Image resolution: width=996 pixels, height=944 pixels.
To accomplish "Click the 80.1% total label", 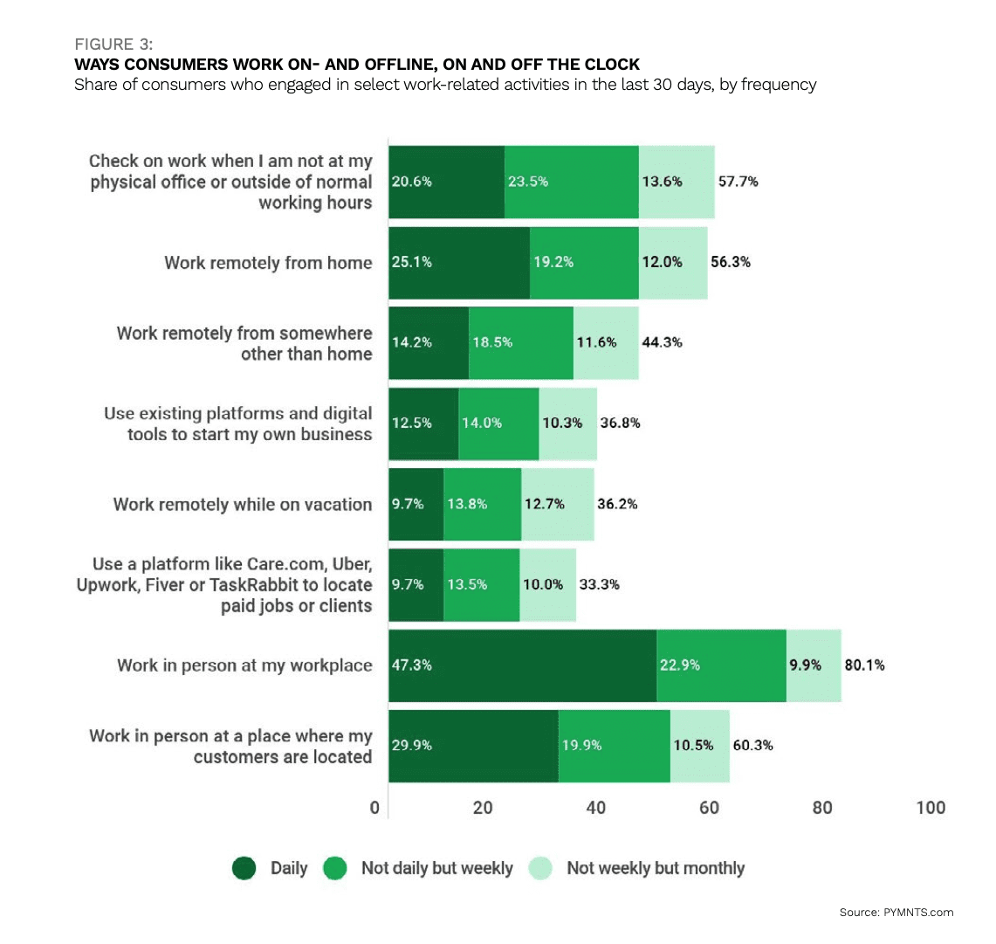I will click(863, 665).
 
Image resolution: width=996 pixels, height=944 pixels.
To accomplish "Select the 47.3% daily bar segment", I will click(522, 665).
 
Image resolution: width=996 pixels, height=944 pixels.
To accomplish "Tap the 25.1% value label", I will click(411, 262).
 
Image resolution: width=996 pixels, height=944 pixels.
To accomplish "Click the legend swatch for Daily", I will click(244, 868).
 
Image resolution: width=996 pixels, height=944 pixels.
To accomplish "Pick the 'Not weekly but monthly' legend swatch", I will click(541, 868).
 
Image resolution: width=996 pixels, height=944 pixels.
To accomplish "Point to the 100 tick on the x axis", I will click(931, 808).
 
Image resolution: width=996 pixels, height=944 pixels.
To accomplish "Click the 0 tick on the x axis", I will click(375, 808).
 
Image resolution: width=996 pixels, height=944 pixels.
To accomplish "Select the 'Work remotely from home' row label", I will click(268, 263).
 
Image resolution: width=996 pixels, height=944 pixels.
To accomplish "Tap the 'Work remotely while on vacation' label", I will click(243, 504).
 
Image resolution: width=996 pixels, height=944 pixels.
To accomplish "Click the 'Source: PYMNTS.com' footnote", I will click(896, 912).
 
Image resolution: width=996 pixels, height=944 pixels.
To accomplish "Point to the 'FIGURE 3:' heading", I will click(113, 45).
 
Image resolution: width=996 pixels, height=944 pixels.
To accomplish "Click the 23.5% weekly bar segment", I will click(571, 182).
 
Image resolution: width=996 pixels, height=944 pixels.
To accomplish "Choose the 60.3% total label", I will click(752, 745).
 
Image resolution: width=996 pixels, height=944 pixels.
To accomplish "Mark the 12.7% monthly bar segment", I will click(557, 504).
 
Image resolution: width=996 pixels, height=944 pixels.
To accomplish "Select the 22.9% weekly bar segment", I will click(721, 665).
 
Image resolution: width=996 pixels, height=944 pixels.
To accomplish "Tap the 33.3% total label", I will click(599, 584).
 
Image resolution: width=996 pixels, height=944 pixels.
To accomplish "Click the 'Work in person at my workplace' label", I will click(244, 665).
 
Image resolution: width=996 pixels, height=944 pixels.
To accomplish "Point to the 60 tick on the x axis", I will click(709, 808).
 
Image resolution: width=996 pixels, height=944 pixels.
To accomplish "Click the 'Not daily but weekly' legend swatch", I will click(336, 868).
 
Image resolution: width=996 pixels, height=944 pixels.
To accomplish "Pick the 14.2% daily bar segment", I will click(428, 342).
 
